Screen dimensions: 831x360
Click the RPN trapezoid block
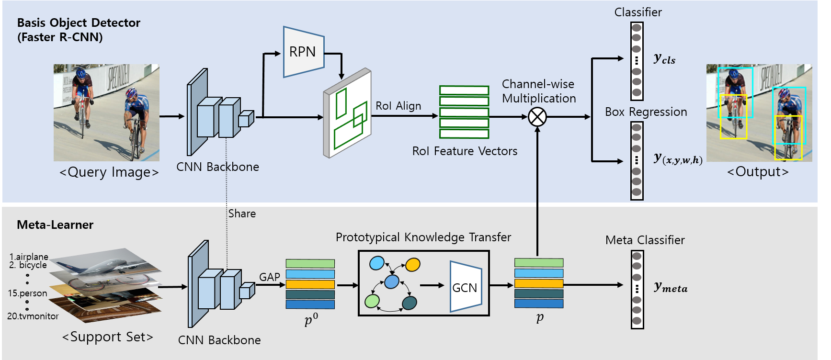pyautogui.click(x=304, y=52)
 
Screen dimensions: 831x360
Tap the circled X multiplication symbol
pyautogui.click(x=537, y=117)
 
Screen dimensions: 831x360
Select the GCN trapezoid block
pyautogui.click(x=466, y=287)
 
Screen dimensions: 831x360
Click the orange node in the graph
pyautogui.click(x=412, y=264)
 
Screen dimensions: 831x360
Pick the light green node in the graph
pyautogui.click(x=372, y=301)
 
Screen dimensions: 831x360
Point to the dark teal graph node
pyautogui.click(x=410, y=303)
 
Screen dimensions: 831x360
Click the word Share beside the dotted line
pyautogui.click(x=242, y=214)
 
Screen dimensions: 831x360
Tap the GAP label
pyautogui.click(x=270, y=277)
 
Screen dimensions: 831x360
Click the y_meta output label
pyautogui.click(x=671, y=287)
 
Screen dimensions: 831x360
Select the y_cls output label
pyautogui.click(x=665, y=58)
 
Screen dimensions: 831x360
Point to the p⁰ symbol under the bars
pyautogui.click(x=311, y=319)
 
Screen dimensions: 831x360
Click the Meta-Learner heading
pyautogui.click(x=55, y=225)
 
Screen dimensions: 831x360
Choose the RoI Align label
pyautogui.click(x=398, y=106)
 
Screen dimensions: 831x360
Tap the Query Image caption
pyautogui.click(x=109, y=172)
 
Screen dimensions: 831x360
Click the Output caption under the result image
pyautogui.click(x=758, y=171)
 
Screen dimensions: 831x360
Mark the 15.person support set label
pyautogui.click(x=27, y=293)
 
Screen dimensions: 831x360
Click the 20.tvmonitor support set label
pyautogui.click(x=33, y=316)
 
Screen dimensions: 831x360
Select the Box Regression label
pyautogui.click(x=646, y=112)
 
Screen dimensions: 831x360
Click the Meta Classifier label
pyautogui.click(x=645, y=240)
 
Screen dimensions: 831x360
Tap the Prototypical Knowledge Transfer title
pyautogui.click(x=423, y=237)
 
